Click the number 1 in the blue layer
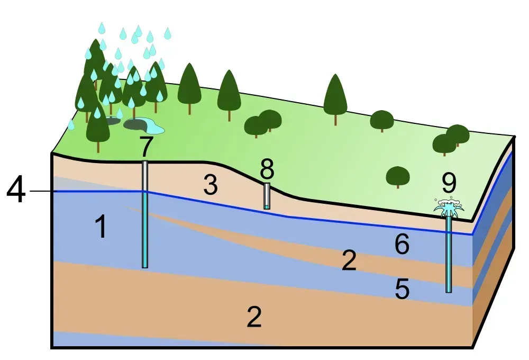point(101,227)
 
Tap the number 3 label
point(210,186)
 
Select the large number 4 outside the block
point(16,191)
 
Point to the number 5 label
point(402,289)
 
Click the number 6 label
point(402,245)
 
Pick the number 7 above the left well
point(147,147)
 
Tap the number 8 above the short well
point(267,169)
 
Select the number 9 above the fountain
point(449,183)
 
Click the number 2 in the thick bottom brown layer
point(254,317)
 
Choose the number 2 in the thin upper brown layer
point(349,261)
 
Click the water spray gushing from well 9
point(449,208)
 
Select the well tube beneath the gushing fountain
point(449,254)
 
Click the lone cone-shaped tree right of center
point(335,95)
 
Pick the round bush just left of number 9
point(398,176)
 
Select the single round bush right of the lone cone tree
point(381,120)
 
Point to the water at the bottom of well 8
point(267,206)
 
